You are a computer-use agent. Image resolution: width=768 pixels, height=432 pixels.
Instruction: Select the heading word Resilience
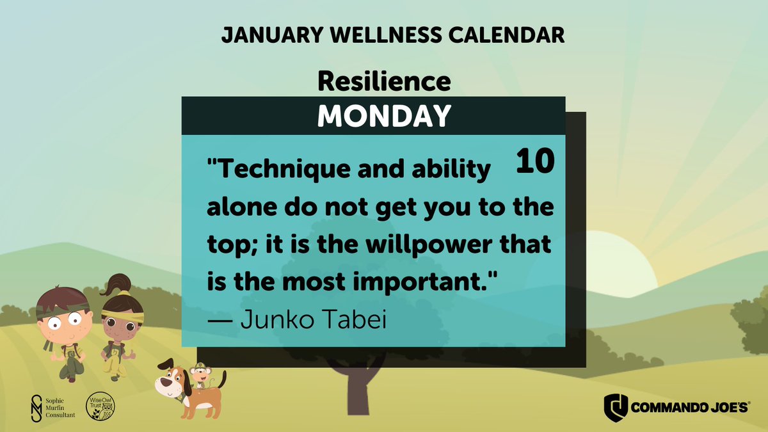coord(384,81)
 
